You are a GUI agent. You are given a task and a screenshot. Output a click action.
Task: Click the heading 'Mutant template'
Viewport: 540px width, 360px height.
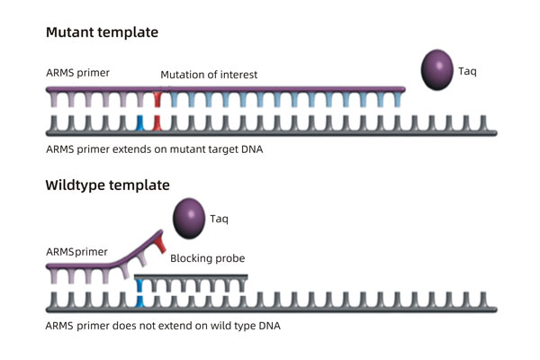click(x=102, y=32)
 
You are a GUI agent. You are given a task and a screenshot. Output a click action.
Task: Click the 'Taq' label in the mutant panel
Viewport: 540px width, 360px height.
click(x=468, y=71)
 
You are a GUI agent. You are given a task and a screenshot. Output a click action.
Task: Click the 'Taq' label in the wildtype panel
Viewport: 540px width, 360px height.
click(x=220, y=218)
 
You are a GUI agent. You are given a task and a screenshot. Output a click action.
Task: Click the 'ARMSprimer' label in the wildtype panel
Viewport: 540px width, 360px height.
click(x=76, y=251)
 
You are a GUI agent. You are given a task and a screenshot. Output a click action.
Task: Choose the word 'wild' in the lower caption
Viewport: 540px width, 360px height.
click(x=214, y=325)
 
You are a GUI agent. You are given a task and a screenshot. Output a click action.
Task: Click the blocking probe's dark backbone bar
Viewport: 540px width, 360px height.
click(x=193, y=275)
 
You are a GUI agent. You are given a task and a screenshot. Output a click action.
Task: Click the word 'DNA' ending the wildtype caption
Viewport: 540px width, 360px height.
click(x=268, y=325)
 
